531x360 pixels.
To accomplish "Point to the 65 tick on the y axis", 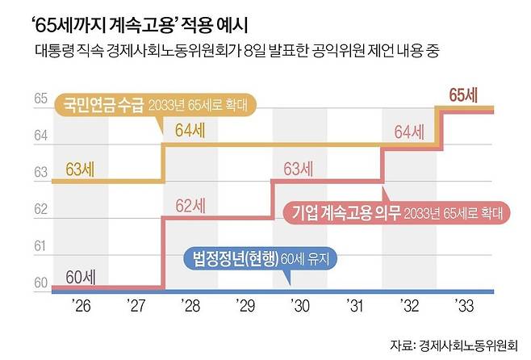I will point(40,99).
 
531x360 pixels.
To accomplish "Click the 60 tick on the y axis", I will point(40,283).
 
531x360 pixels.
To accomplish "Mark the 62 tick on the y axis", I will point(40,210).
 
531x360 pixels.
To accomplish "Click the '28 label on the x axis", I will point(190,308).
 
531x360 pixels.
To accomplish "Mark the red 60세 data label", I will point(79,278).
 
